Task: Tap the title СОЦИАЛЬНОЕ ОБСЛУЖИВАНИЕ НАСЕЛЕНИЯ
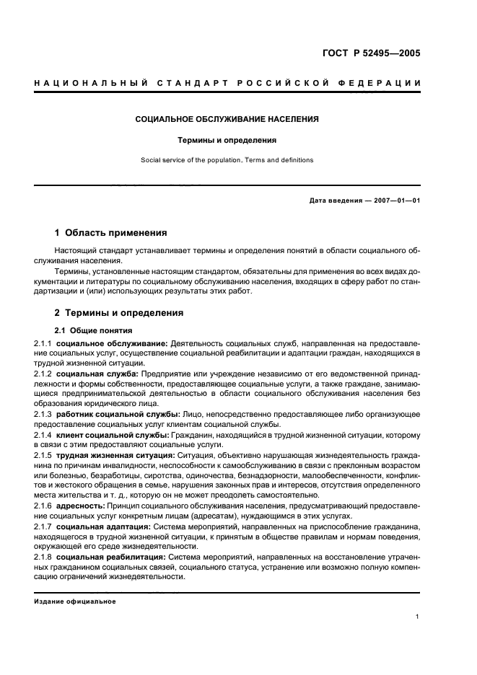(x=227, y=119)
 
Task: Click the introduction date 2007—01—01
(x=394, y=200)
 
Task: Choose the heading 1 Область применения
(x=111, y=233)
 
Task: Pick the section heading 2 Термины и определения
(x=119, y=313)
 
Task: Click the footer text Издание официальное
(x=74, y=601)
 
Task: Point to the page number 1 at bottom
(x=418, y=617)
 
